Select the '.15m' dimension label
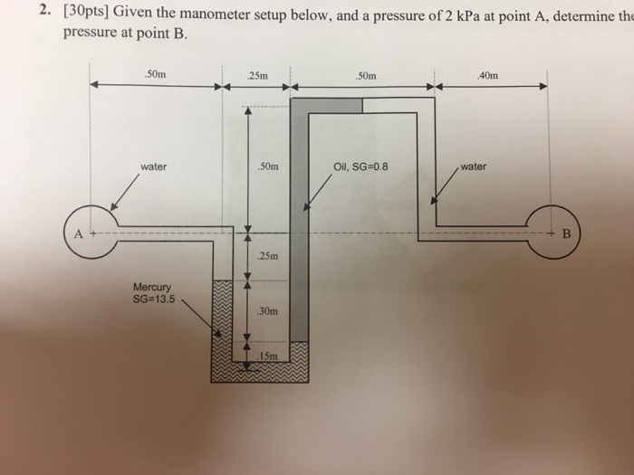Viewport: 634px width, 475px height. coord(266,356)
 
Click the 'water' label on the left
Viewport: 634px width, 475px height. coord(153,166)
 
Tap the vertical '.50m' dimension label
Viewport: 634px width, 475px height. coord(269,166)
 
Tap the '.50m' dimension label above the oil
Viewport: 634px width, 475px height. coord(366,75)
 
